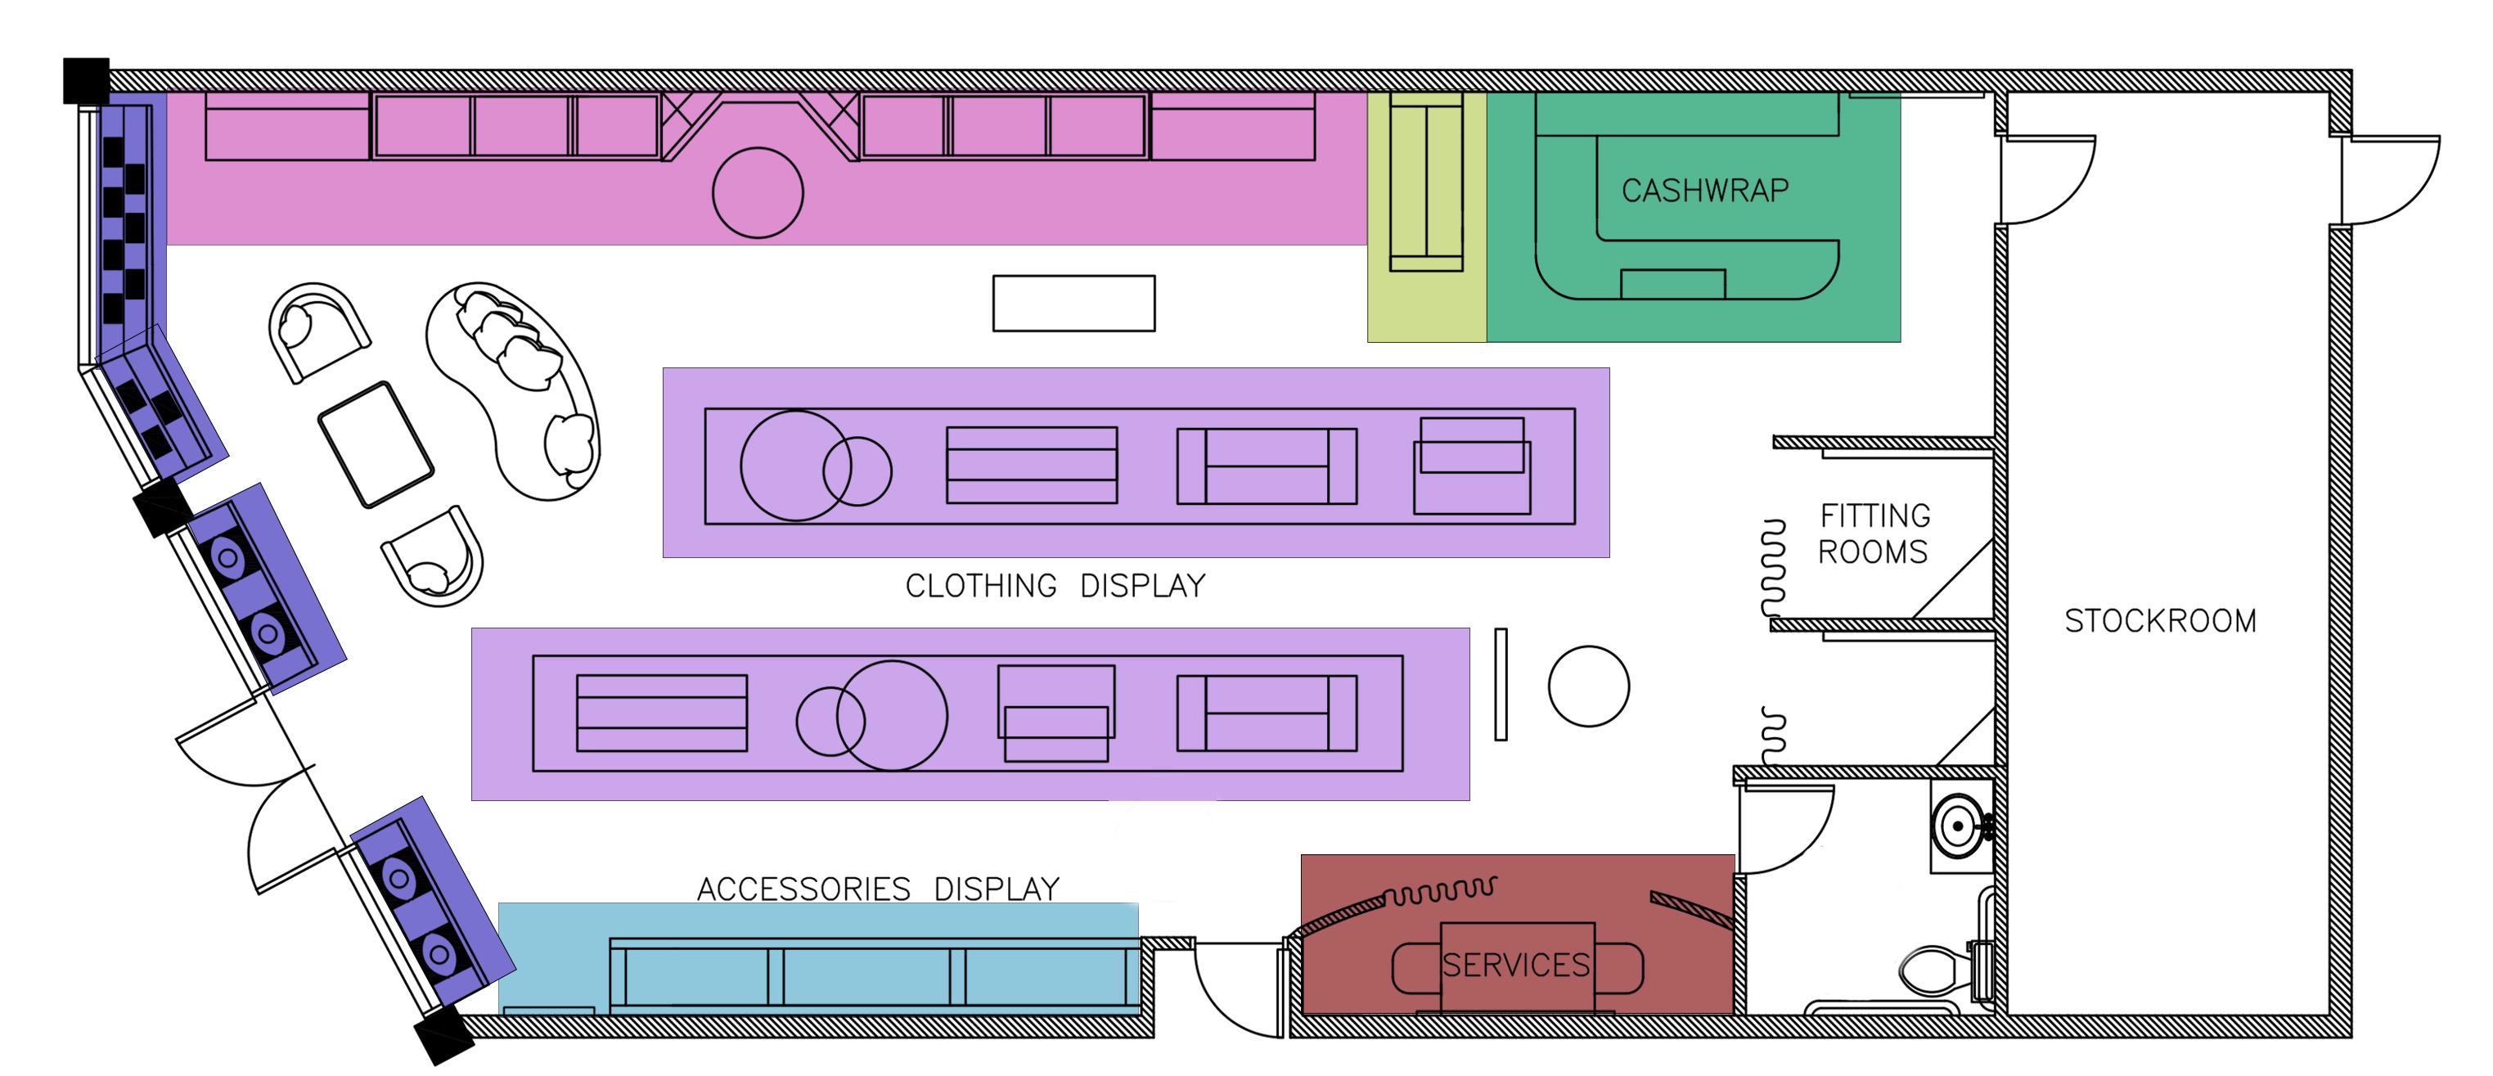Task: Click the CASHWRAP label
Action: (1704, 191)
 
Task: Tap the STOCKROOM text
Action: (2160, 620)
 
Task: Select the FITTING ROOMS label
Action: (1874, 533)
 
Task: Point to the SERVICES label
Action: (1515, 965)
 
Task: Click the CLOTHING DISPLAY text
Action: (1055, 585)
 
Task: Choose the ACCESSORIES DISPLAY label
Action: (878, 889)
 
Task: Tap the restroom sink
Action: (1958, 826)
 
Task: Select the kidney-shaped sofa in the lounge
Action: (513, 387)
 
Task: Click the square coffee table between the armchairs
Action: (376, 444)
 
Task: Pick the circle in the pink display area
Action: (758, 192)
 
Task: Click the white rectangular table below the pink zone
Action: (1073, 303)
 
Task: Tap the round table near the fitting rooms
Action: (1588, 686)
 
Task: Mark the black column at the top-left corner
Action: (86, 80)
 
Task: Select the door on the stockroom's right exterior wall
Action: (2388, 179)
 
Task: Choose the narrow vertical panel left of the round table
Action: (1500, 684)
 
